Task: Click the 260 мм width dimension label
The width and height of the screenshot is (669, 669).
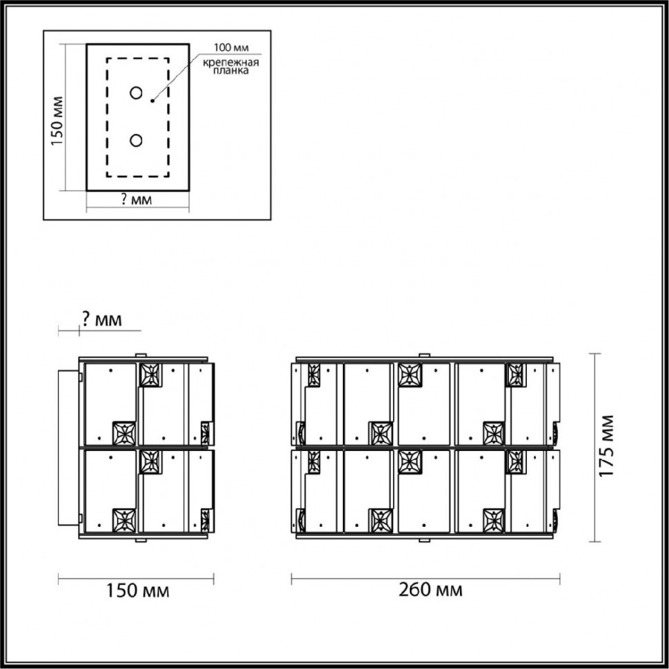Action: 430,590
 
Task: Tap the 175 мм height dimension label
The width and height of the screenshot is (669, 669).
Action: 606,447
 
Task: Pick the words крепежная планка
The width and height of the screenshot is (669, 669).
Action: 230,67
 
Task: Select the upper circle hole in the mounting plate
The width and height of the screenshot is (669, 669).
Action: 137,93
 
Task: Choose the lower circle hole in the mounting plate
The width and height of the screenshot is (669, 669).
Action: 136,140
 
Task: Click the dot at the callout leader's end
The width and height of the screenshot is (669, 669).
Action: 152,101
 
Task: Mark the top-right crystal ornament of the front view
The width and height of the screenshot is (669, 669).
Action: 515,375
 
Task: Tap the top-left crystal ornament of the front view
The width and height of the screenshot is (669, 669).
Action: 313,375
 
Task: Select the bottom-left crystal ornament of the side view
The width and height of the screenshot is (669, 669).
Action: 124,519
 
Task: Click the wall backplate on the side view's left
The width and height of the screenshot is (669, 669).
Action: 70,446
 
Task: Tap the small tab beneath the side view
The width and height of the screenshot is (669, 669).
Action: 141,539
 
